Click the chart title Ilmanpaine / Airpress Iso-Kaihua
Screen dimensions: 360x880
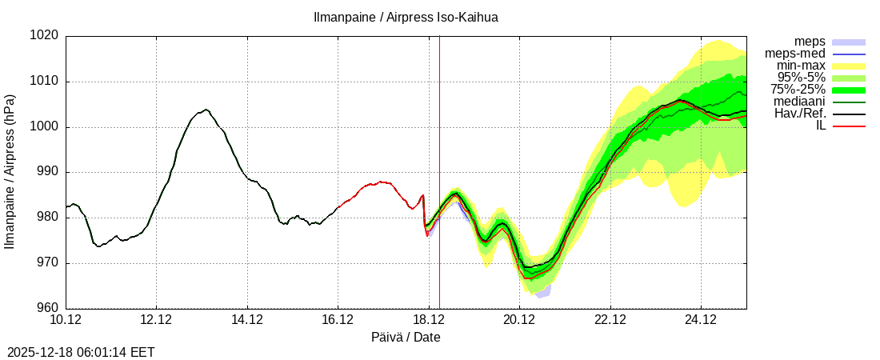(406, 17)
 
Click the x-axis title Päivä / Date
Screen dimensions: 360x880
(406, 338)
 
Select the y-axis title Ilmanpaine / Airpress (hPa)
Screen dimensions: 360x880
(10, 172)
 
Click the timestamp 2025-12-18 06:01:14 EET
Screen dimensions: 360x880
(80, 352)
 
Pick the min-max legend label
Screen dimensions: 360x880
(801, 66)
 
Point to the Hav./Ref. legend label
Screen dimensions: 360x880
(799, 114)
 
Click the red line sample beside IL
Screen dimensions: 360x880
(849, 126)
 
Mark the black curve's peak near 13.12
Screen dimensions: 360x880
(206, 110)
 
